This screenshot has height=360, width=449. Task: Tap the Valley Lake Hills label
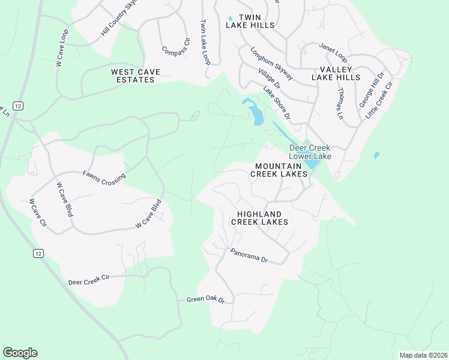point(336,73)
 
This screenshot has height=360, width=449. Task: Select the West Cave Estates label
point(136,76)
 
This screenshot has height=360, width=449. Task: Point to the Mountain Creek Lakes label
point(281,170)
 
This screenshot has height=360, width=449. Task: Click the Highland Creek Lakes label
point(262,218)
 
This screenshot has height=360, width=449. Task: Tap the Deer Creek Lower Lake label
point(310,152)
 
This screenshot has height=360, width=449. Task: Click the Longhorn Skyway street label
point(271,64)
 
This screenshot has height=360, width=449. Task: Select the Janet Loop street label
point(333,53)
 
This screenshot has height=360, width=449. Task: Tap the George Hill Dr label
point(370,89)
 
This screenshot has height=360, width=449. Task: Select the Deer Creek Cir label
point(89,280)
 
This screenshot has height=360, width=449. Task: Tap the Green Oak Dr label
point(205,299)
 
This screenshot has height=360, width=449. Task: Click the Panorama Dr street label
point(249,256)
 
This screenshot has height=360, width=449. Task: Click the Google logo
point(20,353)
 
